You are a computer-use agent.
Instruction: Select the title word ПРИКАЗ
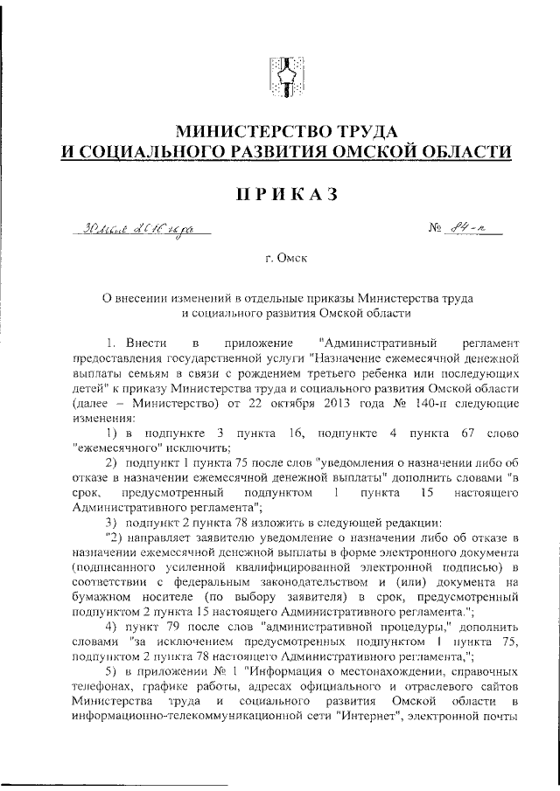[279, 194]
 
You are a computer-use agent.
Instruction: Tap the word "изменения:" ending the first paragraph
[101, 418]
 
